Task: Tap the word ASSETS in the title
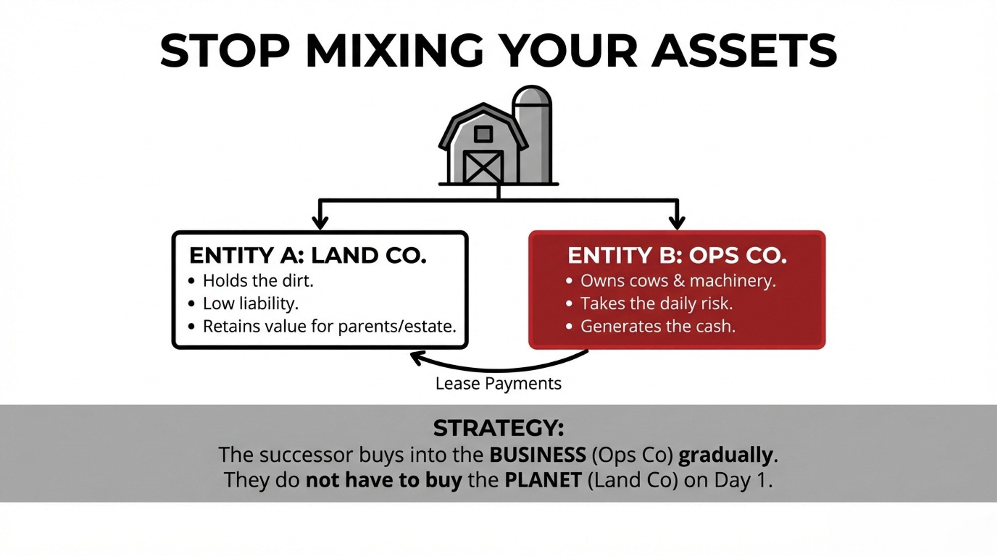744,51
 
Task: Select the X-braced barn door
483,167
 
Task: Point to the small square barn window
483,134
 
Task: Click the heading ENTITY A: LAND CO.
308,256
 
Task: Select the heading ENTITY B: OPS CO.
677,256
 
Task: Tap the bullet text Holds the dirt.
258,281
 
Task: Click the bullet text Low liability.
251,303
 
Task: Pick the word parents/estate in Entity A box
397,326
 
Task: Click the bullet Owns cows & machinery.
678,281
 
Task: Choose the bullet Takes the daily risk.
657,303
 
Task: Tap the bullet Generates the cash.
658,326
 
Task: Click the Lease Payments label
498,384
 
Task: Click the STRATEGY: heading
498,428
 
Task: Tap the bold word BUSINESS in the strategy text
538,455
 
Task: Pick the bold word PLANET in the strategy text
543,480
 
